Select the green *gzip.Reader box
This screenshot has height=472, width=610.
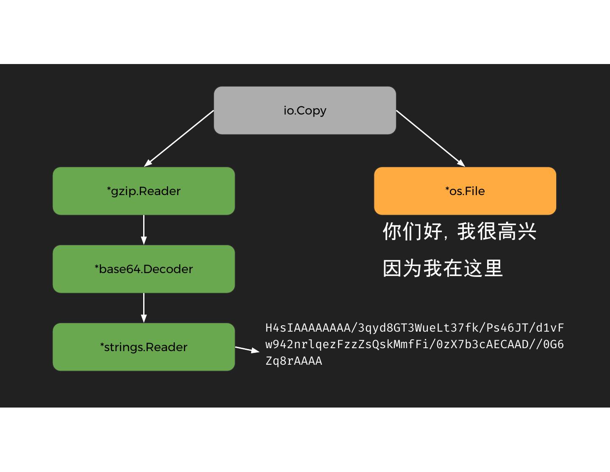coord(144,191)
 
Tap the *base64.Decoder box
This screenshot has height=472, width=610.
coord(144,269)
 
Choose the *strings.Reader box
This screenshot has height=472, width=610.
coord(144,347)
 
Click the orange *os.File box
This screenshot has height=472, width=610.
coord(465,191)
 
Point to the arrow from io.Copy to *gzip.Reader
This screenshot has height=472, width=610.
coord(179,138)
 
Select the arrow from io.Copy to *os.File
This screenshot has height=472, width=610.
coord(430,138)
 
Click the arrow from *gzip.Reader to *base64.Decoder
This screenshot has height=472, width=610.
coord(144,230)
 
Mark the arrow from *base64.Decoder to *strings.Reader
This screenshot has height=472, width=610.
coord(144,308)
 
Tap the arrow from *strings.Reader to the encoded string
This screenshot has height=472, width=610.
coord(247,349)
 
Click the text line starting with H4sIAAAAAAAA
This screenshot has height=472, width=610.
coord(414,328)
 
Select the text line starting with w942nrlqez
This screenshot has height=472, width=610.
coord(414,344)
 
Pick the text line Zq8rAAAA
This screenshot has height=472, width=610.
coord(294,361)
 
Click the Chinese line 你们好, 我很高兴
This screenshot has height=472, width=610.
coord(459,232)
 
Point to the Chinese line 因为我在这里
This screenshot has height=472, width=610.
coord(443,268)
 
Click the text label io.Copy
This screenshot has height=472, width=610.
coord(305,110)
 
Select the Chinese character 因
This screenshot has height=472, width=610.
coord(392,268)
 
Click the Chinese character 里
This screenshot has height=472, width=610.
coord(493,268)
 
